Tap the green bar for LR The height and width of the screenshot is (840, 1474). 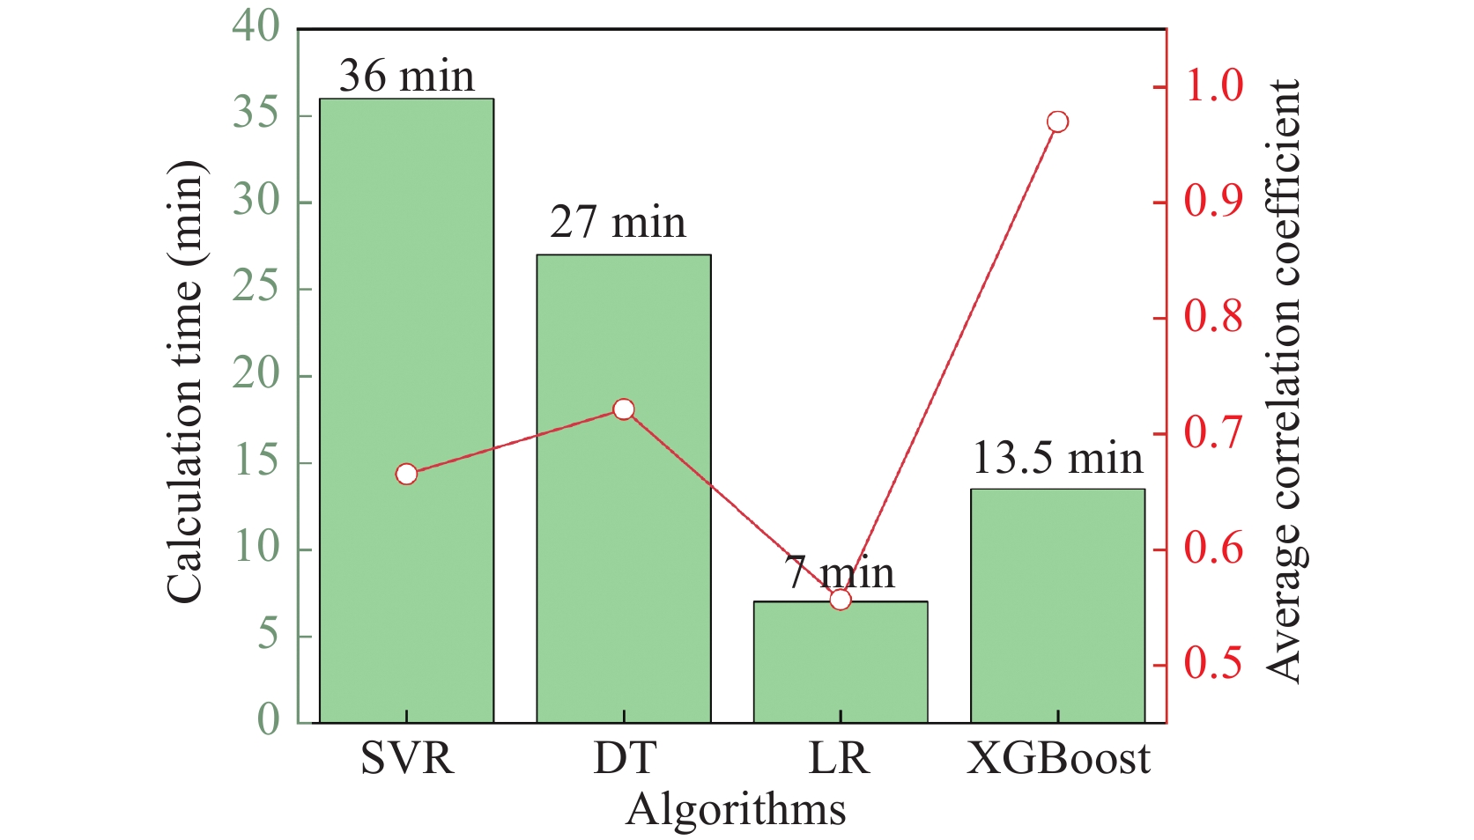tap(841, 669)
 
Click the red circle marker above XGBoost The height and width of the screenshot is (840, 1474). tap(1058, 122)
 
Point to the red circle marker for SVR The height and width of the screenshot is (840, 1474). tap(406, 475)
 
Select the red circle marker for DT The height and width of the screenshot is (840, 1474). tap(624, 409)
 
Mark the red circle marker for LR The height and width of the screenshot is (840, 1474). tap(841, 600)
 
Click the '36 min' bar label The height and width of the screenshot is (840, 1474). tap(406, 77)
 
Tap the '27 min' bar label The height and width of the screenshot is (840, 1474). tap(618, 223)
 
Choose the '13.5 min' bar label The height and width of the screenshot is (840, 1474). tap(1057, 458)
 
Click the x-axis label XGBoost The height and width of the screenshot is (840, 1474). tap(1058, 758)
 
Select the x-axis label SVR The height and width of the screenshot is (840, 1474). tap(407, 758)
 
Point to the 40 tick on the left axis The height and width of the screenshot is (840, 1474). tap(256, 27)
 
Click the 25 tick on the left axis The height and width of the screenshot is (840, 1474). tap(256, 288)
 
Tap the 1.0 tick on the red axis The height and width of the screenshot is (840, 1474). tap(1213, 86)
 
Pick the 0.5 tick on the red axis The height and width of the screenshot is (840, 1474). tap(1213, 664)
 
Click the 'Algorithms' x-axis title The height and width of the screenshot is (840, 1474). tap(736, 809)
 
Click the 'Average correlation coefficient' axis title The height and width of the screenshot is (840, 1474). tap(1285, 381)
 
